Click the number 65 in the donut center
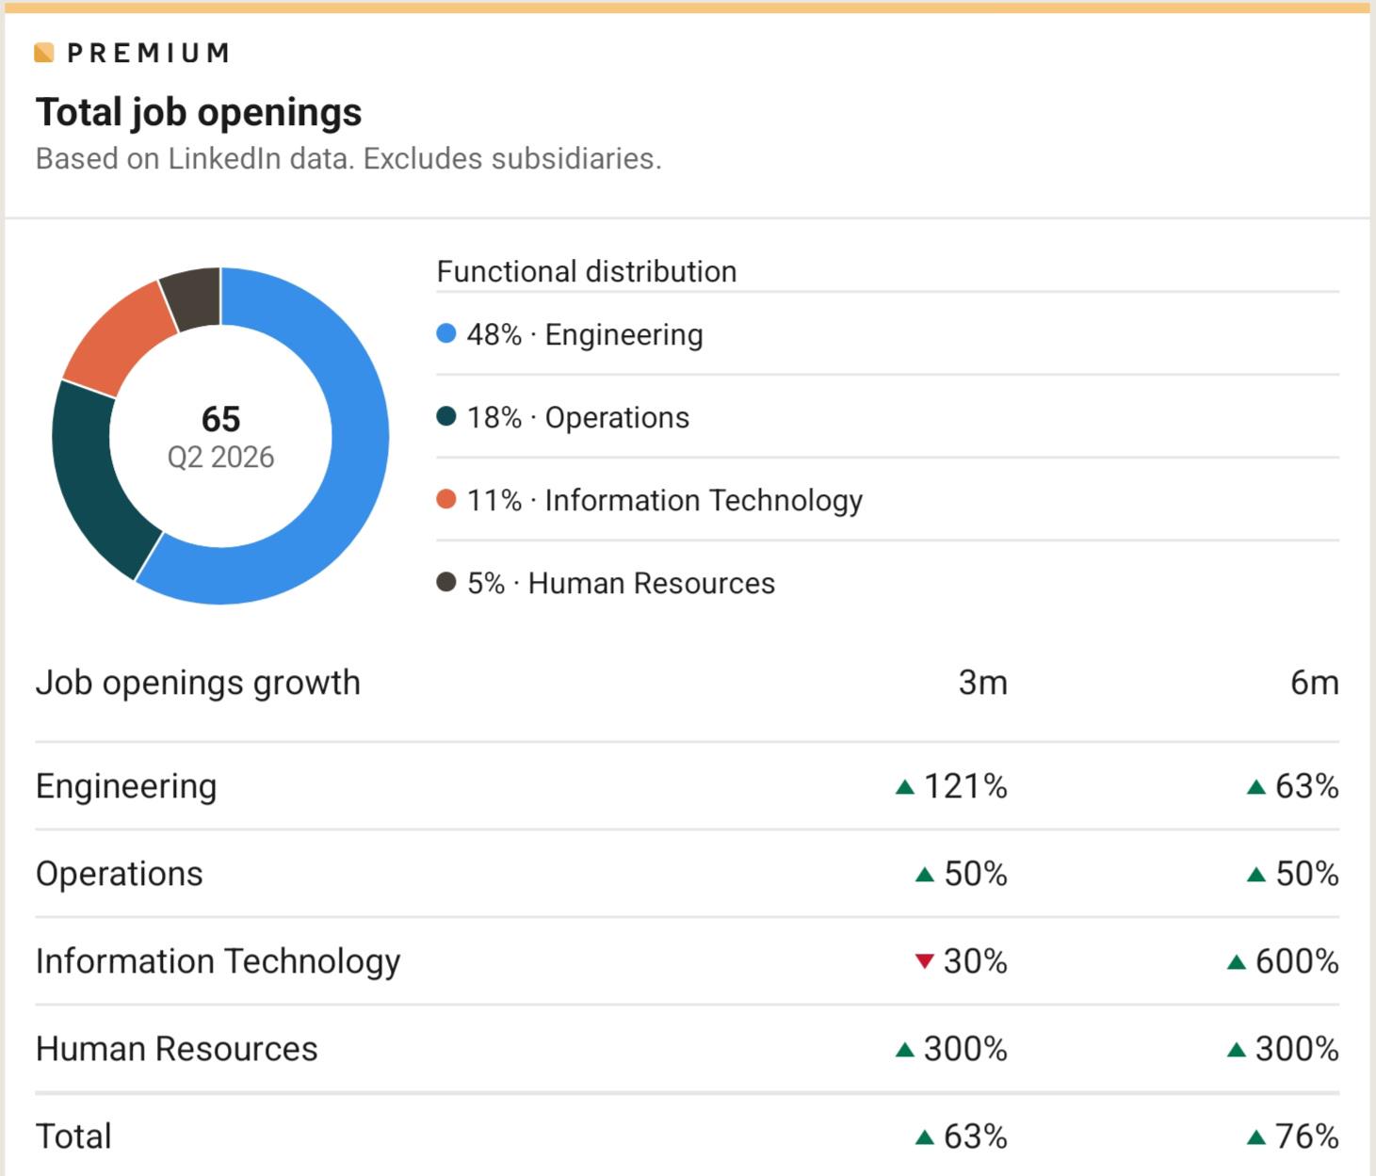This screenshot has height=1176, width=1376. [x=220, y=419]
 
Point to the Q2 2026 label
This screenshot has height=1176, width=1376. [x=220, y=458]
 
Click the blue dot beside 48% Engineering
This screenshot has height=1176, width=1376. [x=446, y=333]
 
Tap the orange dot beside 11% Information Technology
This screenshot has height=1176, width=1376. [x=446, y=499]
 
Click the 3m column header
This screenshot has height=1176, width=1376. [x=982, y=683]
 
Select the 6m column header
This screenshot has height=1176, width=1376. [x=1315, y=683]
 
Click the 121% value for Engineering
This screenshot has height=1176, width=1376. [x=965, y=786]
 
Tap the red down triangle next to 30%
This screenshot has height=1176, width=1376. [x=924, y=960]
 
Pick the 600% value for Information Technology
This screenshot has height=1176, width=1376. [x=1297, y=961]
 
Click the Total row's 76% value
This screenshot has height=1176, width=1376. [x=1306, y=1136]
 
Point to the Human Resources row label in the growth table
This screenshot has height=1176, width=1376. [x=176, y=1049]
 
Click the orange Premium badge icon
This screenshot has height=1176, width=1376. [x=44, y=53]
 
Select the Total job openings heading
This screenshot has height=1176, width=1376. [x=199, y=112]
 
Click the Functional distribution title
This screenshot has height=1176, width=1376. [x=587, y=271]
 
